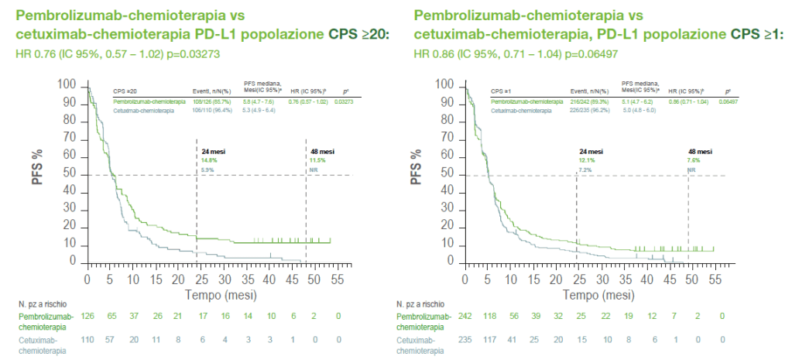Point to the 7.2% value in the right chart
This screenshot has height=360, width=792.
[x=586, y=168]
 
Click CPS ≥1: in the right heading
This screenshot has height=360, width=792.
[x=758, y=34]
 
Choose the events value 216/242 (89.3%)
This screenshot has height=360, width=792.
[x=592, y=101]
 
